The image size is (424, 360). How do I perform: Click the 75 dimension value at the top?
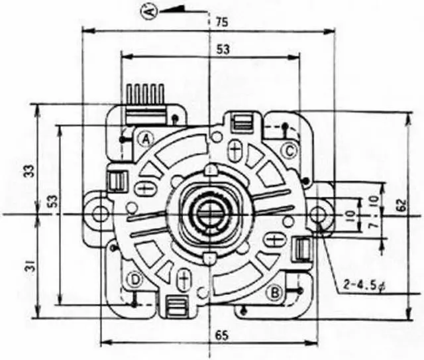(x=222, y=22)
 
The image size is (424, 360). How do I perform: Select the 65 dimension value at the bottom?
(x=222, y=336)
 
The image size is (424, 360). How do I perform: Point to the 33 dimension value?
(x=31, y=171)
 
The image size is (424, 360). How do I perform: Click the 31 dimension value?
(x=31, y=268)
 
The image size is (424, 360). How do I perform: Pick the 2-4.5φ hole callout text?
(x=365, y=285)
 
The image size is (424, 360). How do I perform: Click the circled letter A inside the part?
(x=146, y=140)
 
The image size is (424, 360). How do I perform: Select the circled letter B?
(x=275, y=292)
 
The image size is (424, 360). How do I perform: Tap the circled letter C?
(x=290, y=151)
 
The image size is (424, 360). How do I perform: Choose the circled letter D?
(x=134, y=280)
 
